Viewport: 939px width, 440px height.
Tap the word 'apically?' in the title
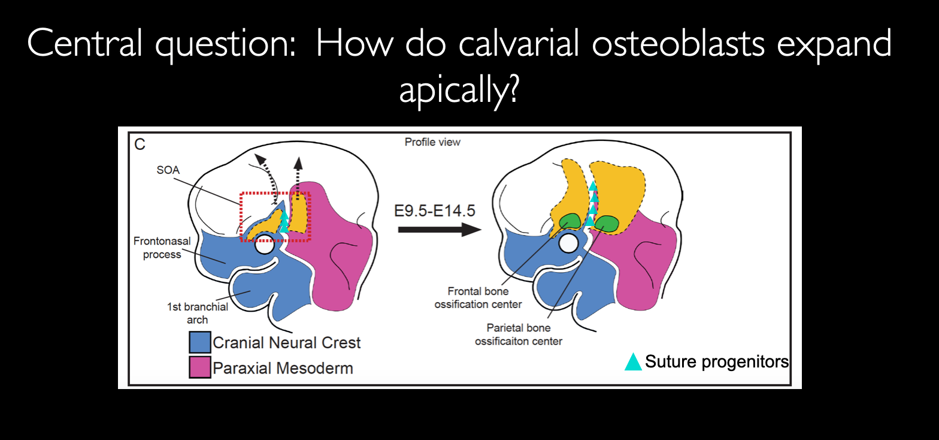pyautogui.click(x=459, y=92)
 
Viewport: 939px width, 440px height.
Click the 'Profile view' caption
pyautogui.click(x=432, y=142)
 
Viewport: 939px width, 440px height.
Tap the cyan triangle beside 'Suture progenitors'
pyautogui.click(x=633, y=361)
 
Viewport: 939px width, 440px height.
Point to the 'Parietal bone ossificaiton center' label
pyautogui.click(x=519, y=334)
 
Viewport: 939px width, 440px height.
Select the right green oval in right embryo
pyautogui.click(x=607, y=223)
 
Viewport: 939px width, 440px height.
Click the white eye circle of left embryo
pyautogui.click(x=263, y=245)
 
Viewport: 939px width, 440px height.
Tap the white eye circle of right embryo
pyautogui.click(x=568, y=243)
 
